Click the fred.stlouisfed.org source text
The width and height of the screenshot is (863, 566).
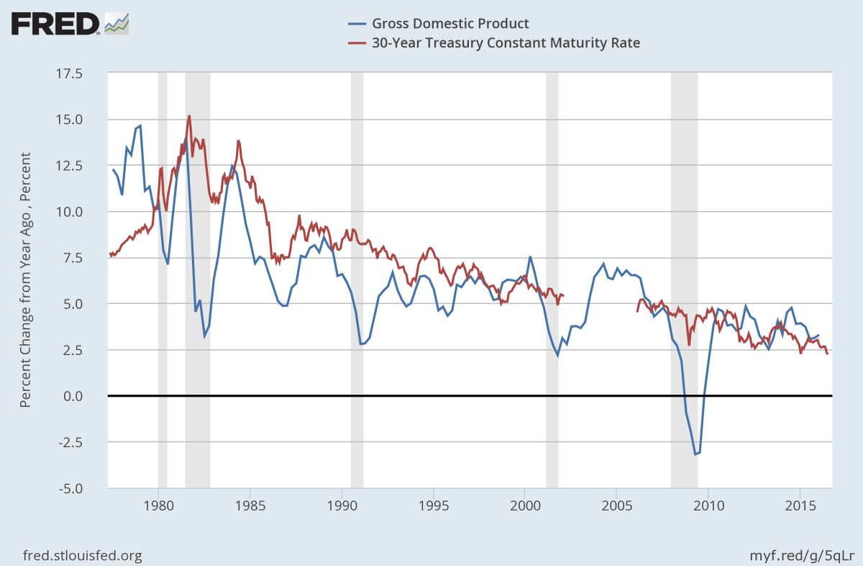click(x=83, y=555)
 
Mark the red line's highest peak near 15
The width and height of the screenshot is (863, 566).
click(x=189, y=115)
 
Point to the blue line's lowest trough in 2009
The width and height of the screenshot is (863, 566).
click(x=695, y=454)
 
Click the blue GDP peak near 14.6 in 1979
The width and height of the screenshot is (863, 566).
click(x=140, y=126)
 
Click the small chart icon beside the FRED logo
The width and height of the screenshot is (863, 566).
click(x=117, y=23)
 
